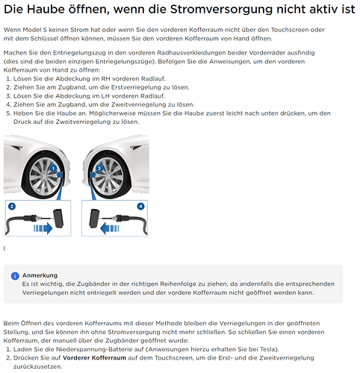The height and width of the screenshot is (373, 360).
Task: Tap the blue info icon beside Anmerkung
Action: coord(15,276)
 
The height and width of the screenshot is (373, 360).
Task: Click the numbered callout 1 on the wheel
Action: coord(53,169)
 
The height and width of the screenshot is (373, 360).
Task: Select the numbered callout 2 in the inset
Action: coord(12,207)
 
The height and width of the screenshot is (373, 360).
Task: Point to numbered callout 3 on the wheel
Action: coord(99,169)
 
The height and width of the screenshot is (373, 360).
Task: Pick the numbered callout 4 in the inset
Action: coord(141,207)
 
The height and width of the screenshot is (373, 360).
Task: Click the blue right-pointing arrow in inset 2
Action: coord(43,228)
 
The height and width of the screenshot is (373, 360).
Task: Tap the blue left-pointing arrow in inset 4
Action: coord(110,228)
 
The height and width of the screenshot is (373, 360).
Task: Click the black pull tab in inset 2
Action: coord(58,219)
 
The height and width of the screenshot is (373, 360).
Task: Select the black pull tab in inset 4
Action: coord(94,219)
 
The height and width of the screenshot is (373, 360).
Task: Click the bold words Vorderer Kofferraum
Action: coord(94,358)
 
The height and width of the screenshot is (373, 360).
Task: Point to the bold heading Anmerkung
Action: coord(40,275)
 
